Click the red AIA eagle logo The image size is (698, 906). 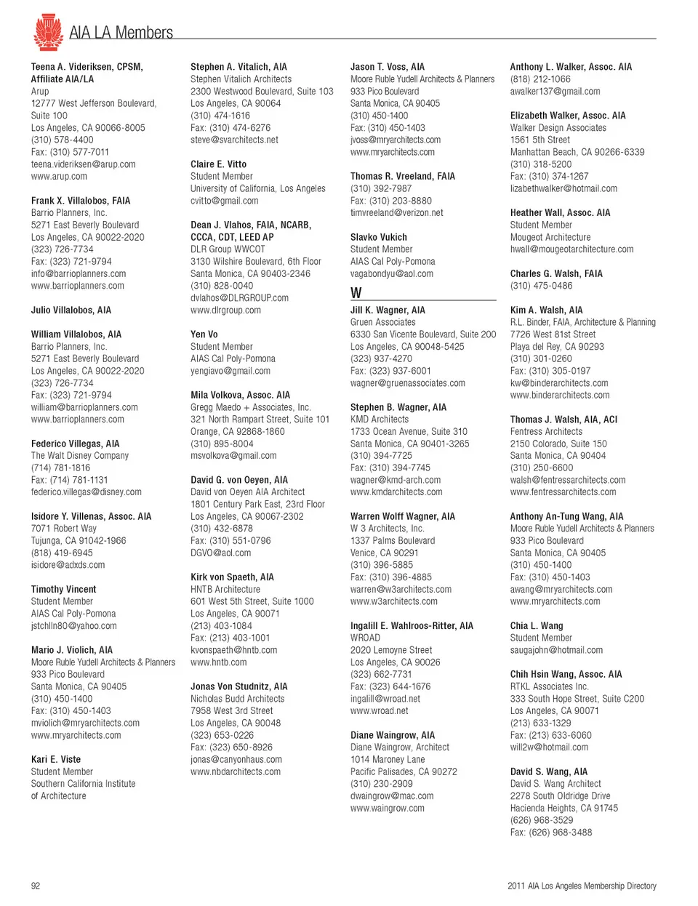tap(48, 32)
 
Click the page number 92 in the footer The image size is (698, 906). tap(36, 886)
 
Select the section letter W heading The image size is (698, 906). tap(356, 292)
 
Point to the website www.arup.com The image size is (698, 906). tap(59, 176)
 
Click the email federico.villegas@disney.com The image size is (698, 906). tap(86, 492)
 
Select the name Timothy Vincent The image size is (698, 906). tap(63, 589)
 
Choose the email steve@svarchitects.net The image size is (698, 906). tap(234, 140)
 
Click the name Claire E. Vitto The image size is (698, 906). tap(218, 164)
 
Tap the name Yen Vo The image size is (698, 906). tap(204, 334)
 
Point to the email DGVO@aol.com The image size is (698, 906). tap(220, 553)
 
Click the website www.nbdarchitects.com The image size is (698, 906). tap(235, 771)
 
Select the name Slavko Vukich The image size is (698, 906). tap(378, 237)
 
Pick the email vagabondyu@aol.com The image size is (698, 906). tap(391, 273)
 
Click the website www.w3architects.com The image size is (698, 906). tap(393, 601)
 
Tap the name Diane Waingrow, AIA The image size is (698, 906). tap(392, 735)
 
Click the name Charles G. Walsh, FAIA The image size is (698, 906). tap(555, 273)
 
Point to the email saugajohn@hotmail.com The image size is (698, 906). tap(556, 650)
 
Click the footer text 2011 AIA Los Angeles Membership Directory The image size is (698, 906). tap(582, 886)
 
